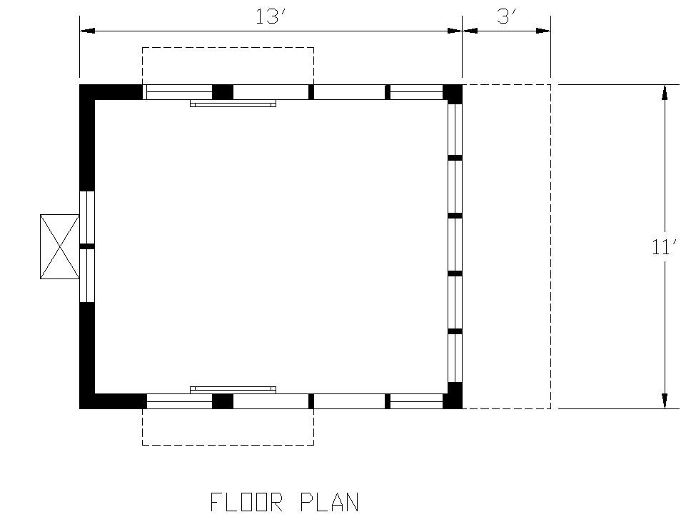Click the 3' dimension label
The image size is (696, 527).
506,17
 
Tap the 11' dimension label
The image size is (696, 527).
664,247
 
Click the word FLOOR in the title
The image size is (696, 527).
246,502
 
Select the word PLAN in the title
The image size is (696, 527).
329,502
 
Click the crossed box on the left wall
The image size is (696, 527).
60,247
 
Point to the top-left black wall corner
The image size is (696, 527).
87,92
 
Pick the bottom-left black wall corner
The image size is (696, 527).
87,401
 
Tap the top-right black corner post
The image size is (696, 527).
453,94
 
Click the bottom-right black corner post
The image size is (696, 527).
453,396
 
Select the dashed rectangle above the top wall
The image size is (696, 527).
228,48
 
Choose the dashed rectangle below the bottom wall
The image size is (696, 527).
228,445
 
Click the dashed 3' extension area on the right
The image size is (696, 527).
551,246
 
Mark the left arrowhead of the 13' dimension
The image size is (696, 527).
87,31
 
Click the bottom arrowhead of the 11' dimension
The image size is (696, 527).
665,401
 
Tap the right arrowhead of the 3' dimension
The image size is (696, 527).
543,31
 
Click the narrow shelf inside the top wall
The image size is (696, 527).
233,104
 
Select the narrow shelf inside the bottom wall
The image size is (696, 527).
233,390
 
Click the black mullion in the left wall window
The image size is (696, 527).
87,246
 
